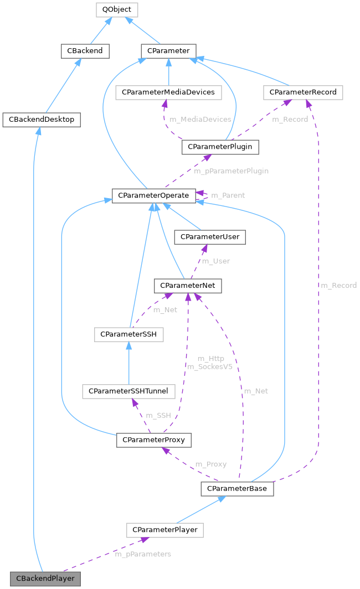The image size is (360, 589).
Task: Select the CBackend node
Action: coord(85,51)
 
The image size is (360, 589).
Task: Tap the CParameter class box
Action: coord(168,51)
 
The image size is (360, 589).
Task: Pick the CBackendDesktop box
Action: coord(42,119)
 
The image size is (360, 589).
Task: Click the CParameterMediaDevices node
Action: coord(168,92)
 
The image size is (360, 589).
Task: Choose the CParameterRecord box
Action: coord(303,92)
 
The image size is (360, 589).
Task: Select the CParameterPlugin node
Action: coord(220,147)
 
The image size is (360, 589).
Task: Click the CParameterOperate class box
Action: coord(153,195)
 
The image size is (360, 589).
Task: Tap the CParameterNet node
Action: coord(188,285)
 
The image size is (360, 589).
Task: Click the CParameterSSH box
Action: coord(128,335)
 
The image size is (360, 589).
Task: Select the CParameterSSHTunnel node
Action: coord(129,391)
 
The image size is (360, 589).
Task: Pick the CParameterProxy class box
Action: coord(154,440)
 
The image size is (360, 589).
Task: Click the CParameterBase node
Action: coord(237,489)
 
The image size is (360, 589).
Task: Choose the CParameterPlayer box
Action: coord(164,530)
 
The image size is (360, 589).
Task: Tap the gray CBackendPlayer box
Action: coord(45,578)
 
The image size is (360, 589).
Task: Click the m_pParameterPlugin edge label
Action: coord(231,171)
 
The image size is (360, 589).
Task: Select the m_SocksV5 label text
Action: coord(210,366)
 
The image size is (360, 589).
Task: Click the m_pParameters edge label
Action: coord(142,554)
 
